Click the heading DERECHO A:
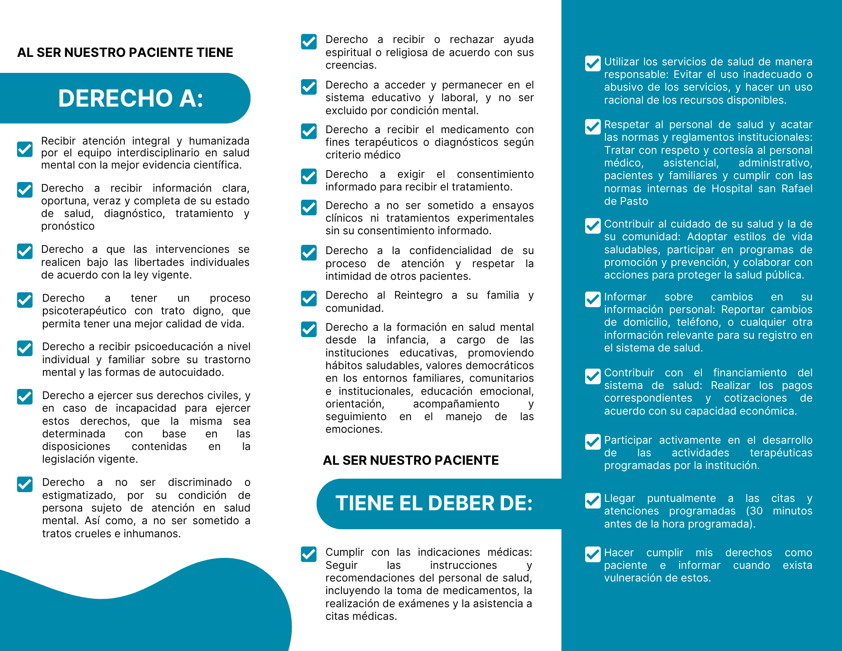[131, 98]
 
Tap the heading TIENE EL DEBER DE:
[434, 503]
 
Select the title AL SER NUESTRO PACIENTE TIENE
[125, 53]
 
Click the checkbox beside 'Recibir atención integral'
[25, 149]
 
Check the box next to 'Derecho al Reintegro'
[309, 298]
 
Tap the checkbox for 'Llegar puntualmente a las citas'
[593, 501]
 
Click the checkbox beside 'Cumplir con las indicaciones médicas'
[309, 554]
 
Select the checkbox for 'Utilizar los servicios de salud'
[593, 64]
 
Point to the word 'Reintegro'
[418, 295]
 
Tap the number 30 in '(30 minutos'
[756, 511]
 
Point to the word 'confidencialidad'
[450, 251]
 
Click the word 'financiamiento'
[749, 373]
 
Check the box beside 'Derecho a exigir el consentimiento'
[309, 177]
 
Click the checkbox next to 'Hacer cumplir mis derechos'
[593, 555]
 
